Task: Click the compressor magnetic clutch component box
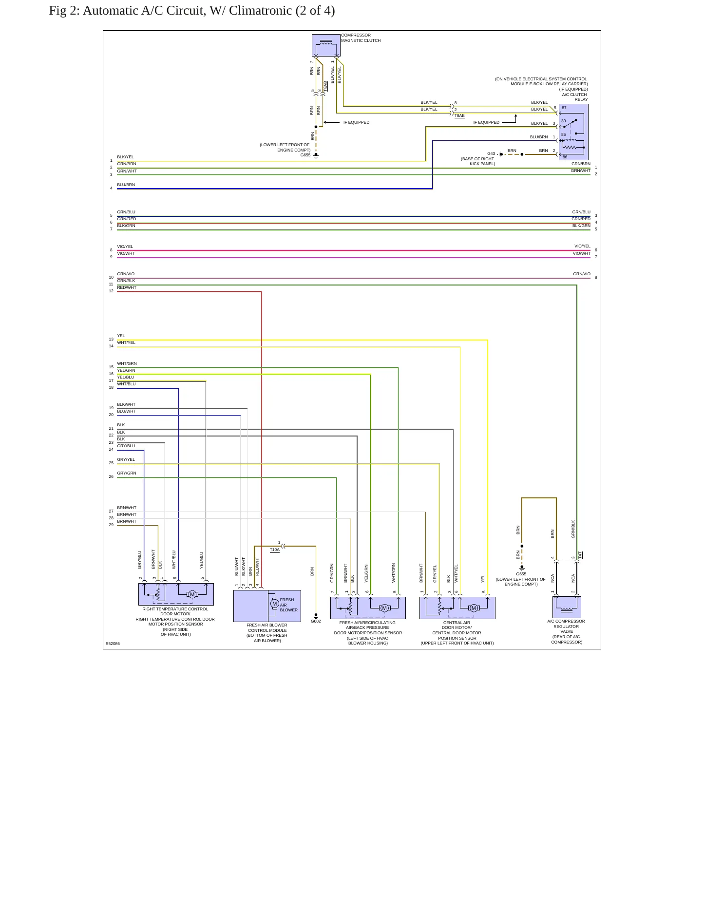(x=326, y=45)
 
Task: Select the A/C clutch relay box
(x=573, y=132)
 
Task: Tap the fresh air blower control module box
(x=267, y=606)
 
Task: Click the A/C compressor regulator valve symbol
(x=567, y=607)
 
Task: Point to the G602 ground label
(x=316, y=621)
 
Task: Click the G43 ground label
(x=491, y=153)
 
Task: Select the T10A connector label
(x=275, y=550)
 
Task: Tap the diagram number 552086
(x=113, y=644)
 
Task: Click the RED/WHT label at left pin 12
(x=127, y=287)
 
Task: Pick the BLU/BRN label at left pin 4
(x=126, y=185)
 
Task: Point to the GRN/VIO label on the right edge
(x=582, y=274)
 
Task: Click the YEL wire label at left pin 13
(x=121, y=336)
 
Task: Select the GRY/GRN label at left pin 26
(x=127, y=473)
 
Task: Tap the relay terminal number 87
(x=564, y=108)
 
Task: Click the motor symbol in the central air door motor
(x=474, y=608)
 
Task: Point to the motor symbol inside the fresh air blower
(x=275, y=604)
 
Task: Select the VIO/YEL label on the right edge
(x=582, y=246)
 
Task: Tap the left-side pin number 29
(x=111, y=525)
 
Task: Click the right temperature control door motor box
(x=176, y=594)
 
